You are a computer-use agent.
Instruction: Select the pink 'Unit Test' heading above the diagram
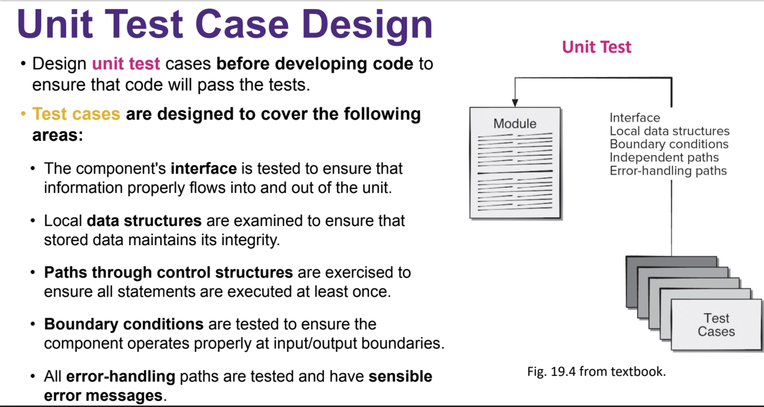[596, 47]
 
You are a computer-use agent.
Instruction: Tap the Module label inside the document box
[515, 124]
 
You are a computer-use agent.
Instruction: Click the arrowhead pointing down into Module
[515, 102]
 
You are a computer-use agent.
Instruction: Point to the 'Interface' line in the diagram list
[635, 118]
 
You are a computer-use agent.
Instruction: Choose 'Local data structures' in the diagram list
[670, 131]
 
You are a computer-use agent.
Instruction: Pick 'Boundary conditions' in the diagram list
[669, 144]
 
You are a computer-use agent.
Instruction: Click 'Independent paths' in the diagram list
[664, 157]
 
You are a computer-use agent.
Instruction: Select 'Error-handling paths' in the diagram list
[668, 171]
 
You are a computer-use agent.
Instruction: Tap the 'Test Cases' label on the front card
[716, 325]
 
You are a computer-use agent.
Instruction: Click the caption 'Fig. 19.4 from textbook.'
[596, 372]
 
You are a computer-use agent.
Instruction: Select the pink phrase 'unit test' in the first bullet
[126, 64]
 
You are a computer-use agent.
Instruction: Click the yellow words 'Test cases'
[76, 114]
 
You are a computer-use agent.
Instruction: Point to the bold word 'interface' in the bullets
[203, 169]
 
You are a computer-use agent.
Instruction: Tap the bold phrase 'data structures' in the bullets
[144, 220]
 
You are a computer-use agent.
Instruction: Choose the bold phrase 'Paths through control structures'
[168, 272]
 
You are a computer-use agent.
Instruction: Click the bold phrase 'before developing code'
[314, 64]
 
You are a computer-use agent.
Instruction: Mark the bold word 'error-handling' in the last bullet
[120, 377]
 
